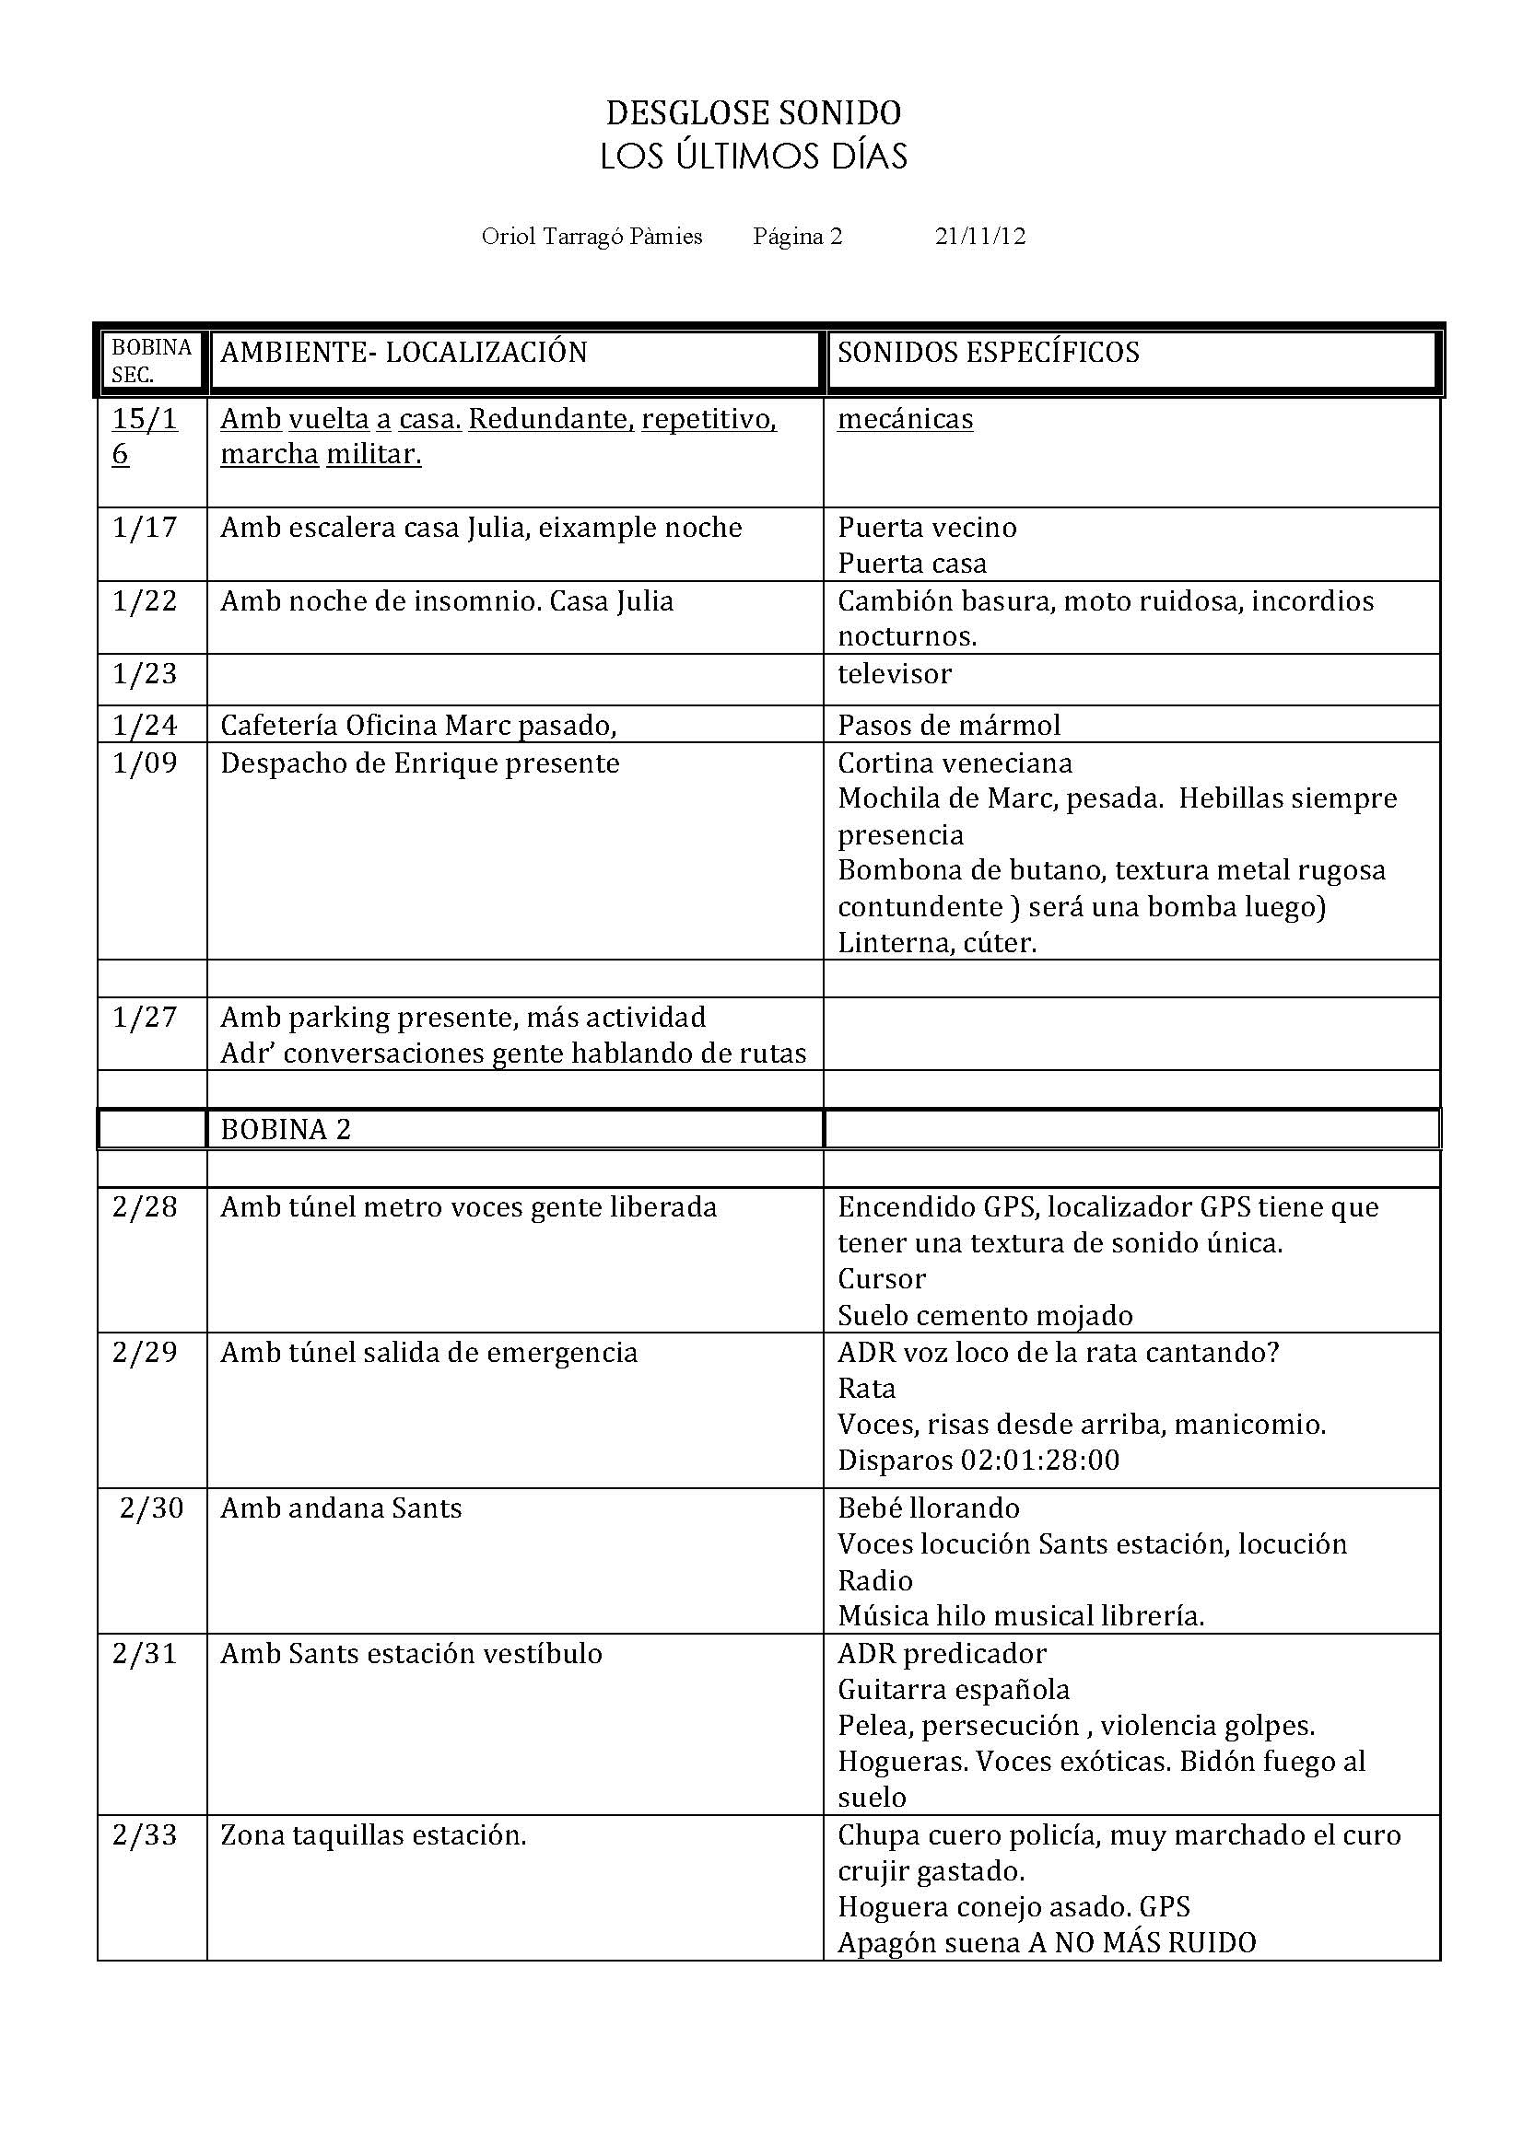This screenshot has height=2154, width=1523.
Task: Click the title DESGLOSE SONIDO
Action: (753, 113)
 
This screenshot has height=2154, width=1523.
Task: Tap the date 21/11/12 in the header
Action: (979, 237)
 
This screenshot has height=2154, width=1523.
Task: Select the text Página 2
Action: (797, 237)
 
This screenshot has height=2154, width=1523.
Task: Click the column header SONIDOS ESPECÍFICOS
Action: (988, 353)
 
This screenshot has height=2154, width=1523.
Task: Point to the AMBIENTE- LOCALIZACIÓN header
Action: (404, 353)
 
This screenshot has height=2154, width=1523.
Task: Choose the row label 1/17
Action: (145, 528)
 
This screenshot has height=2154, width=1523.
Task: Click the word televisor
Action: (895, 673)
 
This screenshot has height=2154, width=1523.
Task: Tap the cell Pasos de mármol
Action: (949, 725)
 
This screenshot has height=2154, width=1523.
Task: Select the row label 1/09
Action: (145, 763)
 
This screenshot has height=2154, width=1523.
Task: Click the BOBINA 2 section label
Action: (286, 1130)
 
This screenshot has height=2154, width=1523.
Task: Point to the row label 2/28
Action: (145, 1206)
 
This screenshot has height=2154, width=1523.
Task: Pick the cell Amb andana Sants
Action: (341, 1508)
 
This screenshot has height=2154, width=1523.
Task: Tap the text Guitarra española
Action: (954, 1690)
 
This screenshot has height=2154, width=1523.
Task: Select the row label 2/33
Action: (145, 1835)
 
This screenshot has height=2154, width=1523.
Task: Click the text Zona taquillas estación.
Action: (372, 1835)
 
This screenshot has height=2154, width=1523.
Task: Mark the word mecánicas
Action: (905, 418)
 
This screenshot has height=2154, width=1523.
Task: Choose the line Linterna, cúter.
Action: (936, 942)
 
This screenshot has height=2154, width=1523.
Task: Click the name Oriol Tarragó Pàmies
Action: (592, 237)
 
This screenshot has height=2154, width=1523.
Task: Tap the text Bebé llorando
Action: (928, 1508)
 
